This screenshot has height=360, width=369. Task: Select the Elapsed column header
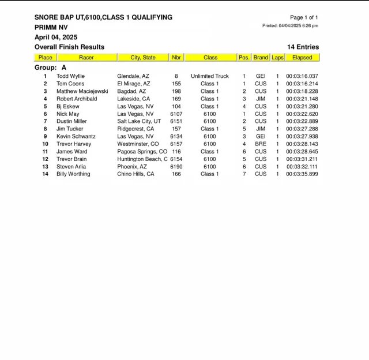click(302, 58)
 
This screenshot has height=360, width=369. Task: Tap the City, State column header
click(143, 58)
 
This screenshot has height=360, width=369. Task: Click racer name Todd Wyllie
click(71, 76)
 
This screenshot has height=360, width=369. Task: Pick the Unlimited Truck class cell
click(210, 76)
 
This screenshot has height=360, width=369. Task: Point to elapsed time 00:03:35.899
click(302, 174)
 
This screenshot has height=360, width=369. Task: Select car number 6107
click(176, 114)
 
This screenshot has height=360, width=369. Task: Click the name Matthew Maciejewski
click(82, 91)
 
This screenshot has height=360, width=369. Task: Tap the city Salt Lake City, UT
click(139, 121)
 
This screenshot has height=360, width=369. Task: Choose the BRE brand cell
click(261, 144)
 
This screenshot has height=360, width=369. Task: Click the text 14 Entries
click(303, 47)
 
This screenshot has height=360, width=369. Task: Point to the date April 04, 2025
click(56, 37)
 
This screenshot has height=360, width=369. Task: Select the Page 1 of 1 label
click(304, 17)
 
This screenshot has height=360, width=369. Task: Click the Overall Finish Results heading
click(69, 47)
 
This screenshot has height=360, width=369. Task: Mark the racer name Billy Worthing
click(73, 174)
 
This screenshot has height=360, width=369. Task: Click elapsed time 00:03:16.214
click(302, 84)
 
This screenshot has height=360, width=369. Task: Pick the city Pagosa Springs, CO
click(142, 151)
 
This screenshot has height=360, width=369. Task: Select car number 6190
click(176, 166)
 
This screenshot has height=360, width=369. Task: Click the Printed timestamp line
click(290, 26)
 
